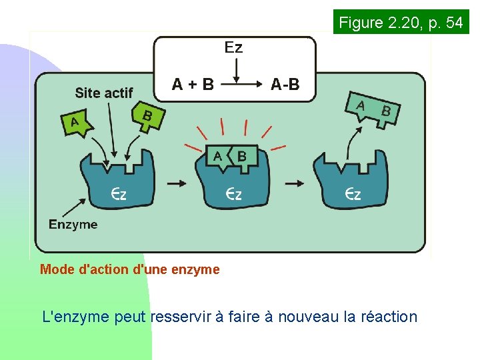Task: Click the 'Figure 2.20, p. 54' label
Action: [401, 23]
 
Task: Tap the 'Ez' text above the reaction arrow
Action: [233, 47]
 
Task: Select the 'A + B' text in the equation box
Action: [193, 85]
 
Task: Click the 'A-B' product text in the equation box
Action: [285, 85]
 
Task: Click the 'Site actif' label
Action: [103, 93]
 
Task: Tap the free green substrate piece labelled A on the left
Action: [76, 123]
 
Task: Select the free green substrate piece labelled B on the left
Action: [147, 117]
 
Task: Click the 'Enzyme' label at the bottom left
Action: [73, 225]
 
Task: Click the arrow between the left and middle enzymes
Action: [175, 182]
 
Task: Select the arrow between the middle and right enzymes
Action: [295, 182]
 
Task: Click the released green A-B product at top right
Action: [372, 108]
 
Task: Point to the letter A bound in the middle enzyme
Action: [218, 156]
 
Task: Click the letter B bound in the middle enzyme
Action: [241, 156]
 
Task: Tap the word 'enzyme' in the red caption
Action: [195, 270]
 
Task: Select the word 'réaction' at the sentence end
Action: [389, 317]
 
